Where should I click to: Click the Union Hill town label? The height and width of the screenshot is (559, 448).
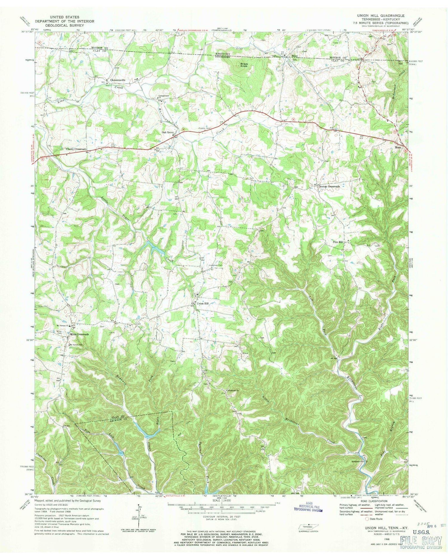[202, 303]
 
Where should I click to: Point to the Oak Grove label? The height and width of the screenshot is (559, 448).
[168, 132]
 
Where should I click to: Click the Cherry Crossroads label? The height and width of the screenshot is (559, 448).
[76, 149]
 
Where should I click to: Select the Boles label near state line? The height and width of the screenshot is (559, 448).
[295, 56]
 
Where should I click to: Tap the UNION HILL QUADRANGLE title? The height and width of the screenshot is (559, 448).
[383, 16]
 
